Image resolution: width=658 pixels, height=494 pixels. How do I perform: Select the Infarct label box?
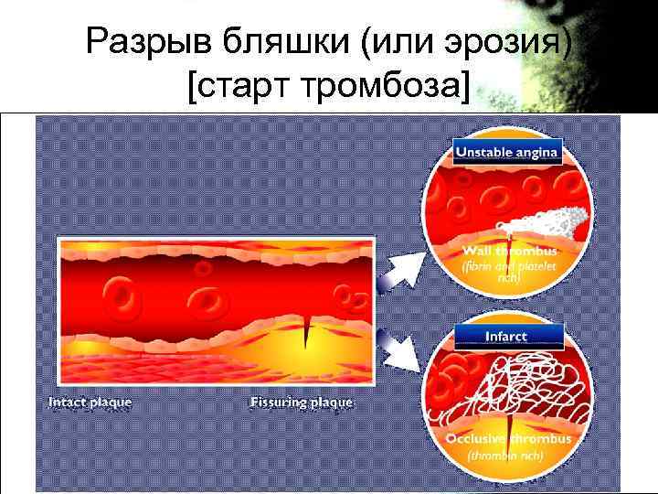(506, 337)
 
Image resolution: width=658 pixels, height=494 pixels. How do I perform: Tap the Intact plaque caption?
(90, 403)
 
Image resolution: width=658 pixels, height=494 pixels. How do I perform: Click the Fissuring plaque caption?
(301, 403)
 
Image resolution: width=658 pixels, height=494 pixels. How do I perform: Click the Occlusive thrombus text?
(507, 439)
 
